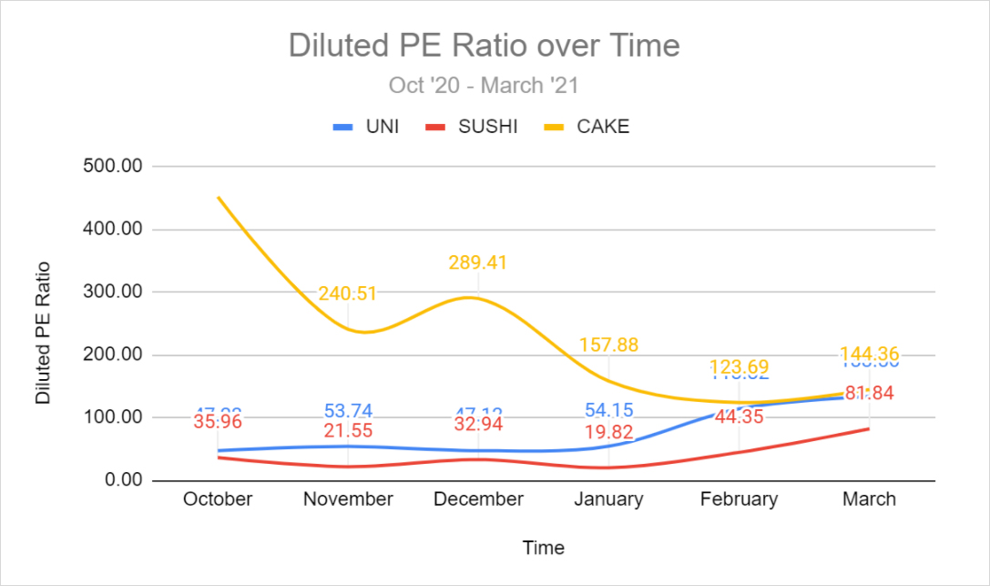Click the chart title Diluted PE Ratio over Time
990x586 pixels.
click(x=484, y=45)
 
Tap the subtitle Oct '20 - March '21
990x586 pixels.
click(x=484, y=86)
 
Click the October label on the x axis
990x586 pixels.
click(x=218, y=499)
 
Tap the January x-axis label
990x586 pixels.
click(x=608, y=499)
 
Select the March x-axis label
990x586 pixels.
click(x=869, y=499)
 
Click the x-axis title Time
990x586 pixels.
click(x=543, y=548)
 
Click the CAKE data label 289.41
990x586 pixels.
click(x=478, y=262)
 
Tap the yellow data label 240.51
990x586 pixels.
click(x=348, y=293)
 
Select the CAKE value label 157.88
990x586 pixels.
click(x=608, y=345)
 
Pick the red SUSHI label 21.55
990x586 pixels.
click(x=348, y=430)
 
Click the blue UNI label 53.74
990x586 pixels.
click(x=348, y=411)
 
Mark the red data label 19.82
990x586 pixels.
click(x=608, y=431)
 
